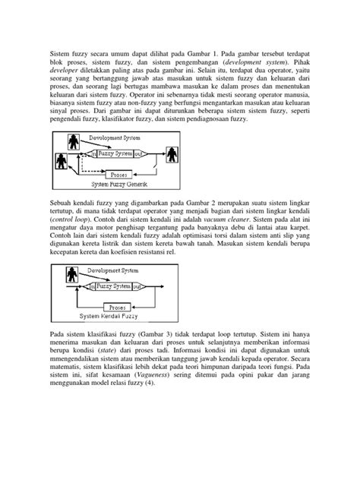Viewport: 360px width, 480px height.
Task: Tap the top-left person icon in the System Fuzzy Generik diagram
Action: coord(74,141)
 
